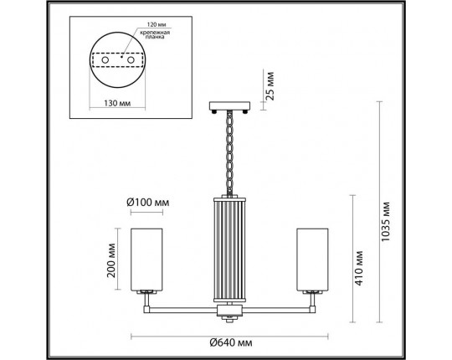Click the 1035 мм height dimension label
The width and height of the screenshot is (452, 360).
pos(385,221)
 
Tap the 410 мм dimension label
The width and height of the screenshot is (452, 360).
pos(358,268)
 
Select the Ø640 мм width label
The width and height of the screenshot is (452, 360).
pos(231,342)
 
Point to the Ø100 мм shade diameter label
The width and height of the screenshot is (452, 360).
pos(148,203)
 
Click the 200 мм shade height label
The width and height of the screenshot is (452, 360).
pos(111,260)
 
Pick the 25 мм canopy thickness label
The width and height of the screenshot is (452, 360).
pos(270,85)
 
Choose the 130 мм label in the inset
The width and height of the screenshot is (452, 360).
pos(117,103)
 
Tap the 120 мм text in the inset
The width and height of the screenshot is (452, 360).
pos(157,24)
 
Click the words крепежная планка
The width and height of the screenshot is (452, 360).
pos(155,34)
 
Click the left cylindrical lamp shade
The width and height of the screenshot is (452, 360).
pos(146,260)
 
